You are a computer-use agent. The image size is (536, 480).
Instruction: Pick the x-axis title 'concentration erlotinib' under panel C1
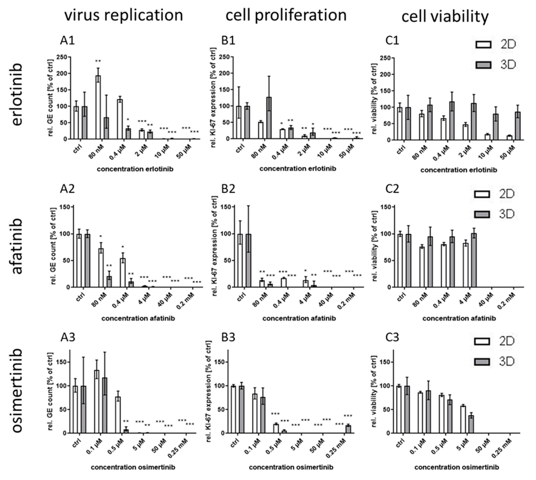click(x=458, y=170)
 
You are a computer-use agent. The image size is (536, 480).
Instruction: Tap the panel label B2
click(x=228, y=189)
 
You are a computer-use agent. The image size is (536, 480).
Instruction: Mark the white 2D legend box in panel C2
click(x=482, y=195)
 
